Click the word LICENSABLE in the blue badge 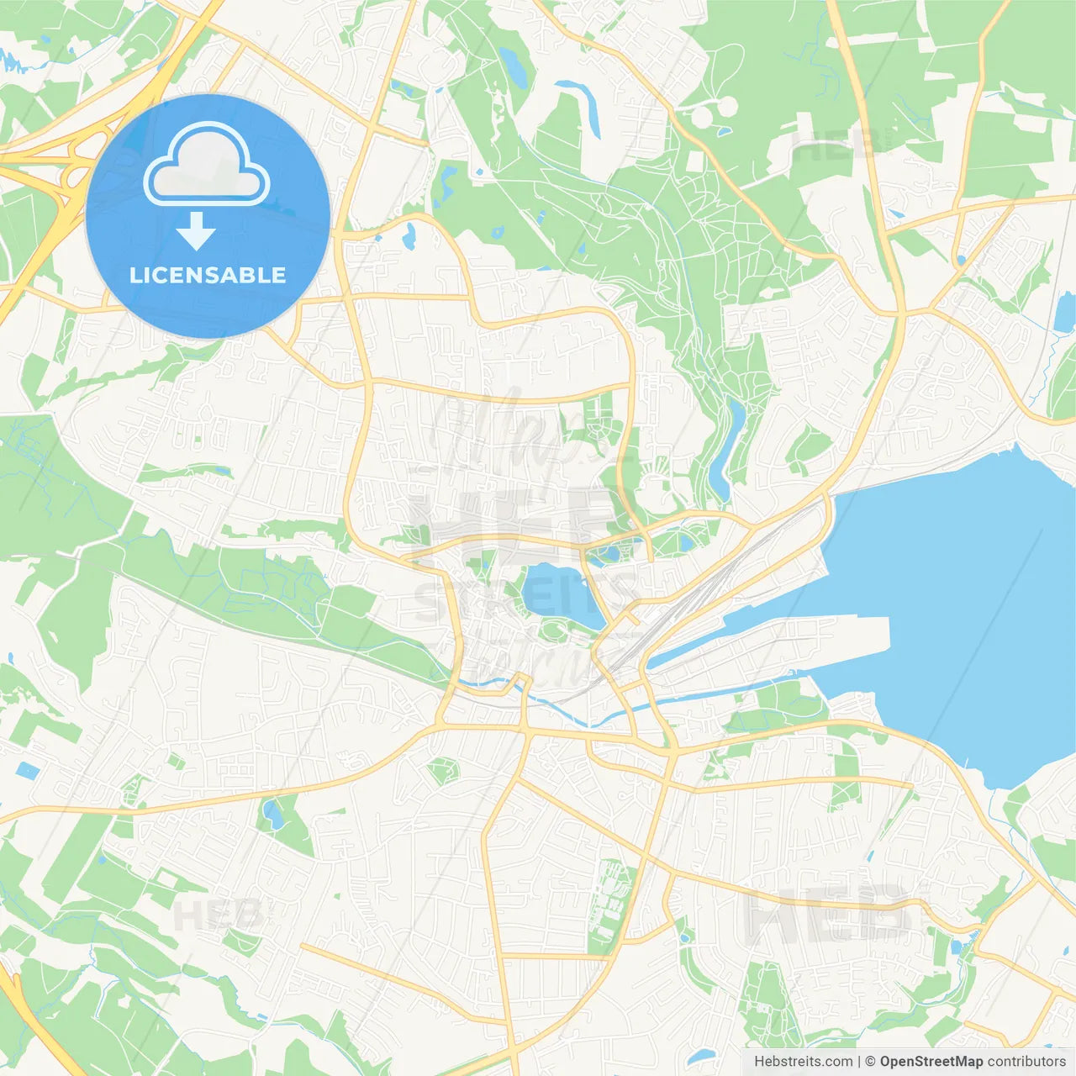coord(208,275)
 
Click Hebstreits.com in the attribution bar coord(803,1062)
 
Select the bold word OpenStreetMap coord(931,1062)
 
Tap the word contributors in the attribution coord(1026,1062)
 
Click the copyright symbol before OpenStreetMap coord(870,1062)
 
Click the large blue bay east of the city coord(950,605)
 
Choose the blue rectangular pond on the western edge coord(27,770)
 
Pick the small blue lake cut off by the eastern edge coord(1065,311)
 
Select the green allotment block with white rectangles coord(609,891)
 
